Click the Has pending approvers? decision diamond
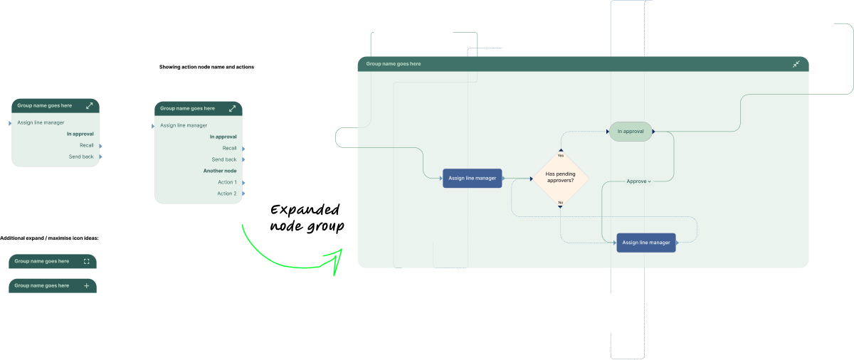(x=560, y=178)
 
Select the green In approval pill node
(x=630, y=132)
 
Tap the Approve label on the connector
(x=636, y=181)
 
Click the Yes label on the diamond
(x=561, y=155)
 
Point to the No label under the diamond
(x=561, y=203)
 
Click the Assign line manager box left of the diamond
(x=473, y=178)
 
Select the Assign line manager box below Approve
(x=646, y=243)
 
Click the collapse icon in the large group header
(x=796, y=64)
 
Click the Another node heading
(x=220, y=171)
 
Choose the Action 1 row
(x=227, y=182)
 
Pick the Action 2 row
(x=227, y=194)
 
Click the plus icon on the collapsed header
(x=87, y=285)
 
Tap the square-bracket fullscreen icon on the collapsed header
(x=87, y=261)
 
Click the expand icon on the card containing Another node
(x=233, y=109)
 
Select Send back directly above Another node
(x=224, y=159)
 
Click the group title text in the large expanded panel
(x=394, y=64)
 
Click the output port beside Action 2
(x=243, y=194)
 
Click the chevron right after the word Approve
(x=650, y=182)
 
